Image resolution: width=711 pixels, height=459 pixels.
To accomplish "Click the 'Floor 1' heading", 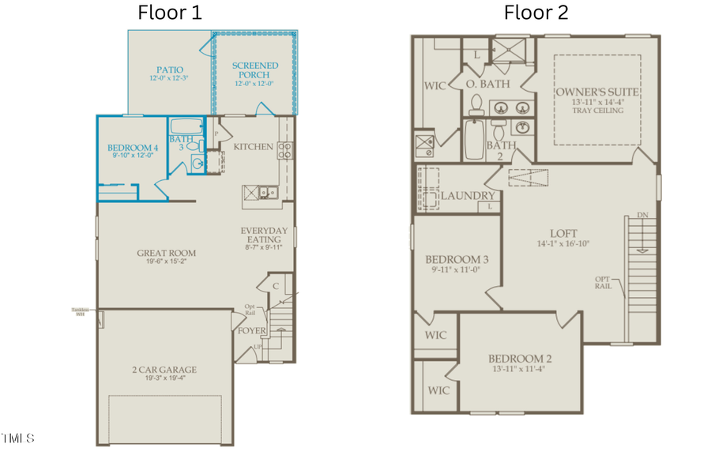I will pyautogui.click(x=170, y=13).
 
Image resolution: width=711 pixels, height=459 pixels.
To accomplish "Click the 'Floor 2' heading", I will pyautogui.click(x=536, y=13).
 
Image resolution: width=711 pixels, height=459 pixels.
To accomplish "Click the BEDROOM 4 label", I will pyautogui.click(x=132, y=147).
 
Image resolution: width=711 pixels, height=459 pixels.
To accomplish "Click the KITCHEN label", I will pyautogui.click(x=254, y=147).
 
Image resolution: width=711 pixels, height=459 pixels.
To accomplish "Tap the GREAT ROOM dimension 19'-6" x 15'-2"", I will pyautogui.click(x=166, y=263).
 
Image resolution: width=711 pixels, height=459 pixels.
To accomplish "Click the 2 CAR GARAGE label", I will pyautogui.click(x=164, y=370).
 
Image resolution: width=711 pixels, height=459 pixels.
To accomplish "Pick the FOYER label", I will pyautogui.click(x=252, y=330).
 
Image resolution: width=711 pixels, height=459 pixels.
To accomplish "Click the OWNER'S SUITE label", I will pyautogui.click(x=596, y=92).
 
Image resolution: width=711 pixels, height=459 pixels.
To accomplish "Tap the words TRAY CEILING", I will pyautogui.click(x=596, y=111).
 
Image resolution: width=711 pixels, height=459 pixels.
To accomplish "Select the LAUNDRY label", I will pyautogui.click(x=468, y=196).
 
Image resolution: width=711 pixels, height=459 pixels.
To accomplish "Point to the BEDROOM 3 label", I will pyautogui.click(x=457, y=260).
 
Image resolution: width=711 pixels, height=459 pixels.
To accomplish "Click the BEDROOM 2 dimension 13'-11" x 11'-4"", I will pyautogui.click(x=517, y=368).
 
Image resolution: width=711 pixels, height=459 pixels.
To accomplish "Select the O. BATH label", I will pyautogui.click(x=487, y=84).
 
